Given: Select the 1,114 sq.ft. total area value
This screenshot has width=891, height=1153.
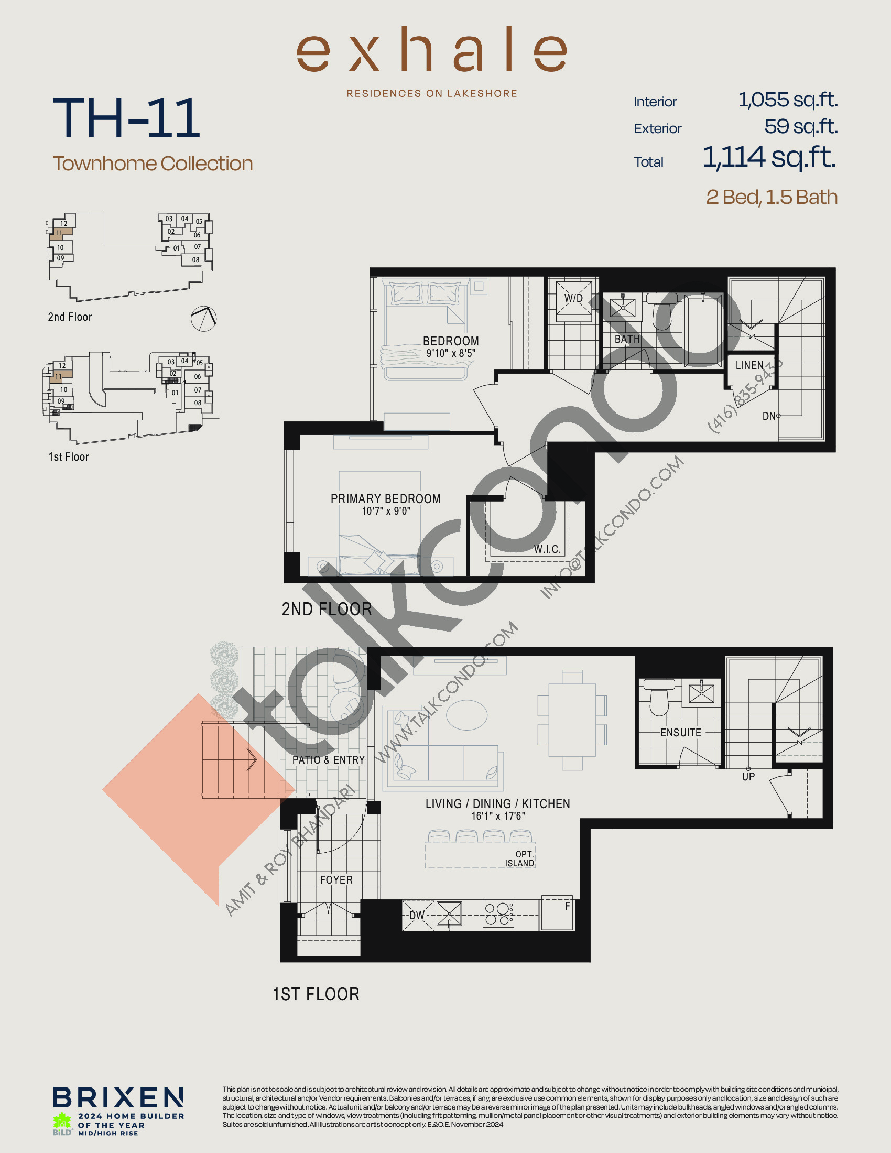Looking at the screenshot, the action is point(769,157).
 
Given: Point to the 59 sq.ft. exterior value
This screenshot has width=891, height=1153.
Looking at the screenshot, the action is point(801,127).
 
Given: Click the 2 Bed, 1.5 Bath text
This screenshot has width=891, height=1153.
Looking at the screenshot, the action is point(772,198).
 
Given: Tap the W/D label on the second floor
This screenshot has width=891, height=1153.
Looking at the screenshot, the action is point(573,298).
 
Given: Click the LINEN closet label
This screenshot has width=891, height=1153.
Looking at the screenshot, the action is point(749,365).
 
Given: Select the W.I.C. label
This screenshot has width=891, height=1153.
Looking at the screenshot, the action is point(547,549).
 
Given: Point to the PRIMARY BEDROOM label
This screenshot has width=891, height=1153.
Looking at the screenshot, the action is point(385,499).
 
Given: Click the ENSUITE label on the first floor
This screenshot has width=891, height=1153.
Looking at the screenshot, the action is point(680,733).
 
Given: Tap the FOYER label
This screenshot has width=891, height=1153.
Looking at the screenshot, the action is point(336,879).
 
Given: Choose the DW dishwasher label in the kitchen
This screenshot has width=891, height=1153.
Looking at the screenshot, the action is point(417,916).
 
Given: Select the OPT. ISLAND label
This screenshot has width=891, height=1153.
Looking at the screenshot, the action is point(520,859).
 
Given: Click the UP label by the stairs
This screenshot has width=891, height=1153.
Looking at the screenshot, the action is point(748,777).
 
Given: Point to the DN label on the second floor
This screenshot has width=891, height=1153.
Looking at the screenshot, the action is point(768,416).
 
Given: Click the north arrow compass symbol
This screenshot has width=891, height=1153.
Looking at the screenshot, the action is point(204,319).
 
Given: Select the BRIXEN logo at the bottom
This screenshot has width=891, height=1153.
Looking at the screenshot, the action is point(118,1097).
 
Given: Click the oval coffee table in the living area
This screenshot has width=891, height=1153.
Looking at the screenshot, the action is point(466,715).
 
